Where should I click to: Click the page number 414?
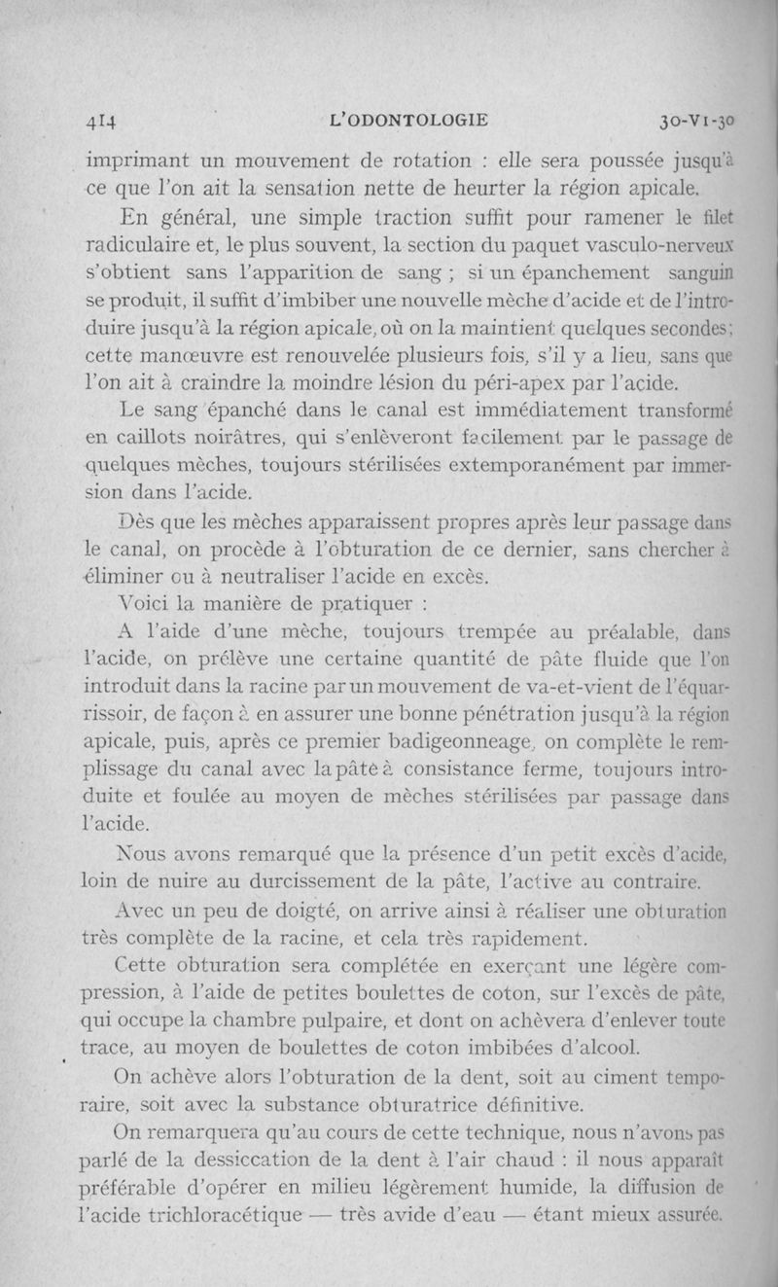101,122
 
